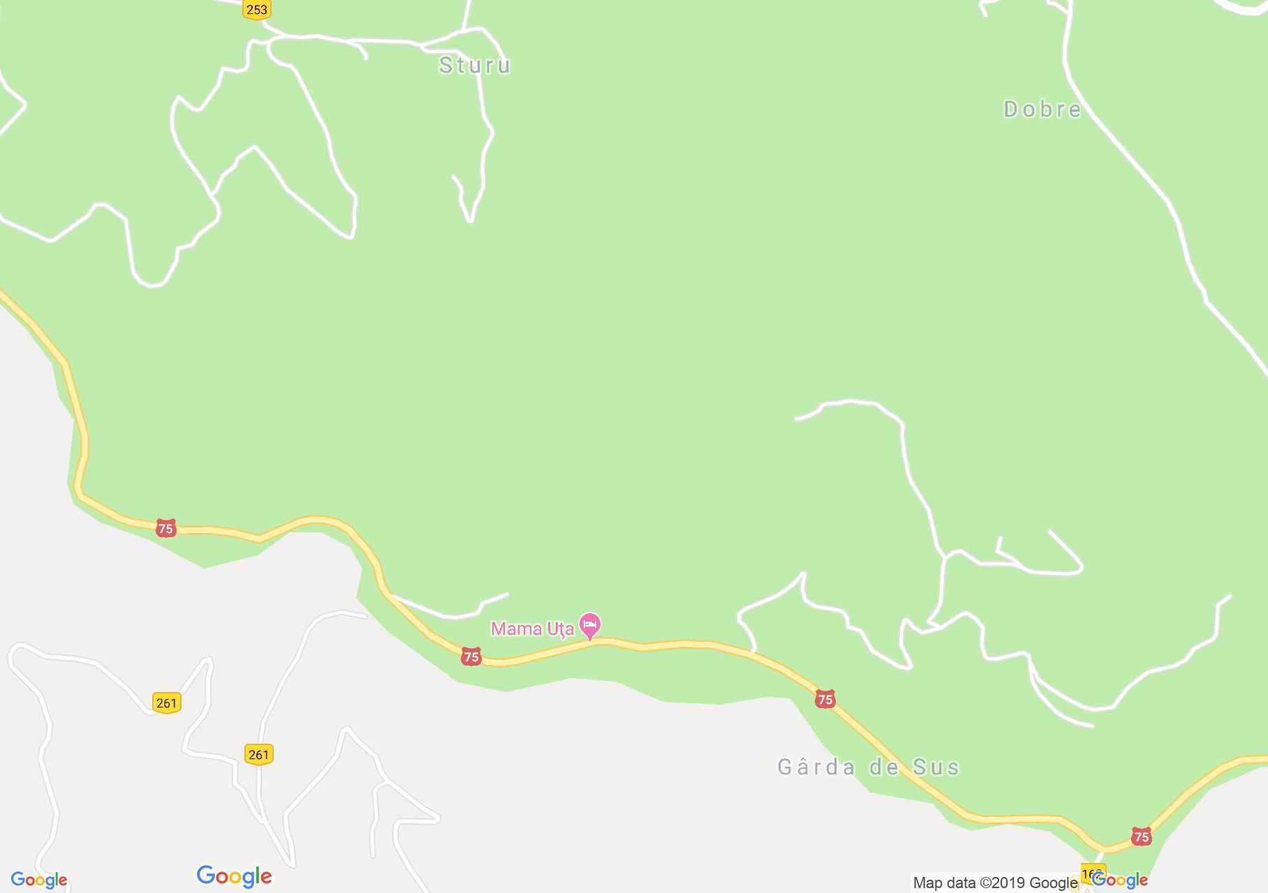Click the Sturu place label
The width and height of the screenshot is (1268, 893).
[x=475, y=66]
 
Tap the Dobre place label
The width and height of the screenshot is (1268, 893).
[x=1042, y=110]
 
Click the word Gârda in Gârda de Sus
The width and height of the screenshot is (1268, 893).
[x=816, y=767]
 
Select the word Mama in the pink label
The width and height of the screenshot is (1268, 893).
[x=517, y=629]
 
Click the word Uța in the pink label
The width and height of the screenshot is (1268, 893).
[x=560, y=629]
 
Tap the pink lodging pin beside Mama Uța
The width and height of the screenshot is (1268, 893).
[x=591, y=625]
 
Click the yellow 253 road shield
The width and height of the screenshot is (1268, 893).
[x=257, y=10]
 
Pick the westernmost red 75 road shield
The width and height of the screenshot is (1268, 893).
[x=165, y=528]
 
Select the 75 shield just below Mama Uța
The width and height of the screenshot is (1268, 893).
[x=471, y=656]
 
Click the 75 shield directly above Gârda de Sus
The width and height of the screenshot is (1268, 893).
[x=825, y=699]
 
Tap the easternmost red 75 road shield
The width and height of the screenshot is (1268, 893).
[x=1141, y=836]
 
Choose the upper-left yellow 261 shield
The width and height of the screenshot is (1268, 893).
[x=166, y=703]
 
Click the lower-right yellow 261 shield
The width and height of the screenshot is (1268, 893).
[x=258, y=754]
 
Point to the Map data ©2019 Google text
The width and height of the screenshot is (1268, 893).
[x=995, y=883]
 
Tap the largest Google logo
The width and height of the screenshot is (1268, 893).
[x=234, y=876]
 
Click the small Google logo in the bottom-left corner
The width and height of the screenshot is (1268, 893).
[x=39, y=880]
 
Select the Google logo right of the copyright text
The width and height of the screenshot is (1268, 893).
[x=1121, y=880]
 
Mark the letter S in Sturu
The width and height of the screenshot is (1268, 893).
[x=445, y=66]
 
